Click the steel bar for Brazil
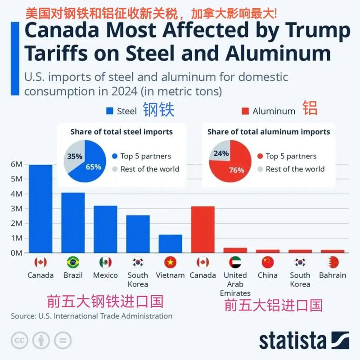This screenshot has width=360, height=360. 73,223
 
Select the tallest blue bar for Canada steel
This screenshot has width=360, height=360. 40,209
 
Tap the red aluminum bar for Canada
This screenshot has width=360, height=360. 202,229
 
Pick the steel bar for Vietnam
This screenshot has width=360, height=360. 170,243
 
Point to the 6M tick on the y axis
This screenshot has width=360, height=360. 16,165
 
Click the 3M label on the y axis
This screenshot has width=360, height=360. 16,209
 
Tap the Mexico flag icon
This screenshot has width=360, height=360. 105,262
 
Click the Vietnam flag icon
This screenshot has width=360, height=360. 170,262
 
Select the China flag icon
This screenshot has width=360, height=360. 267,262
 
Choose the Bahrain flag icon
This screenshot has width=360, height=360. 332,262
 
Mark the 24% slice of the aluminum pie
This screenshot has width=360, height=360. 220,153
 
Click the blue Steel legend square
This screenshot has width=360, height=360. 109,111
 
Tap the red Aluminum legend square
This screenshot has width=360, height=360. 245,111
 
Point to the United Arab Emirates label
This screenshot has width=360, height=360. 235,284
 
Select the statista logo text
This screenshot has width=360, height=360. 292,341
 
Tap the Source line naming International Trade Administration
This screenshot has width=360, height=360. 91,316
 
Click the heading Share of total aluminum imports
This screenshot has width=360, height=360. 269,132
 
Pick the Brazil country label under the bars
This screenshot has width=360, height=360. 73,275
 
